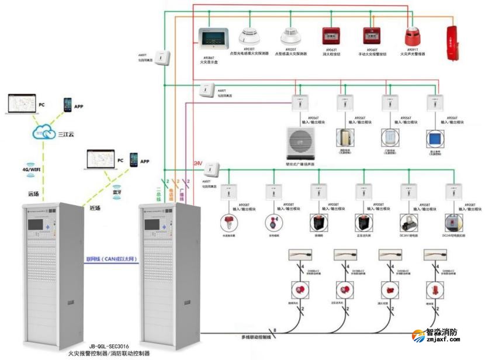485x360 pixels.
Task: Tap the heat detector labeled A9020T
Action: click(x=290, y=37)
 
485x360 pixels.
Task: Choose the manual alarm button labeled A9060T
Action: click(x=368, y=37)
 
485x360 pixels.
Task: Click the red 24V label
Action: click(x=198, y=164)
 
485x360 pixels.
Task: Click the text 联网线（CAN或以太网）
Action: click(x=111, y=258)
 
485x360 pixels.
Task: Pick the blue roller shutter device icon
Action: click(x=434, y=139)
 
